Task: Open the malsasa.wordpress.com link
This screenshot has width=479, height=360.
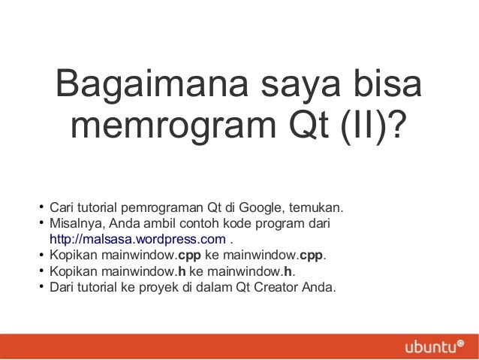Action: [137, 240]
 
